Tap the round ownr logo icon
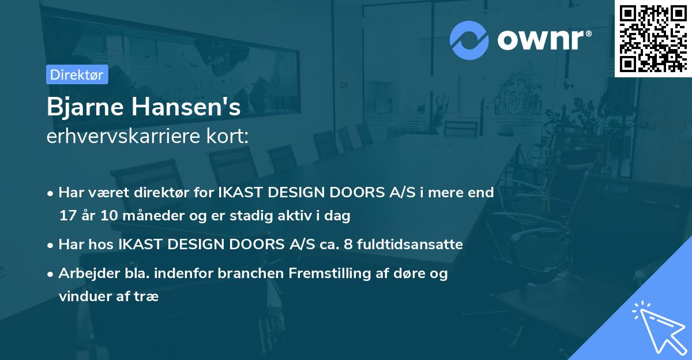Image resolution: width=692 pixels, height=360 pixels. coord(469,39)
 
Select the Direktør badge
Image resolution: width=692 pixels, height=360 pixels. coord(77,74)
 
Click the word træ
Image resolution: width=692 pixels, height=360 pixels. coord(148,297)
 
